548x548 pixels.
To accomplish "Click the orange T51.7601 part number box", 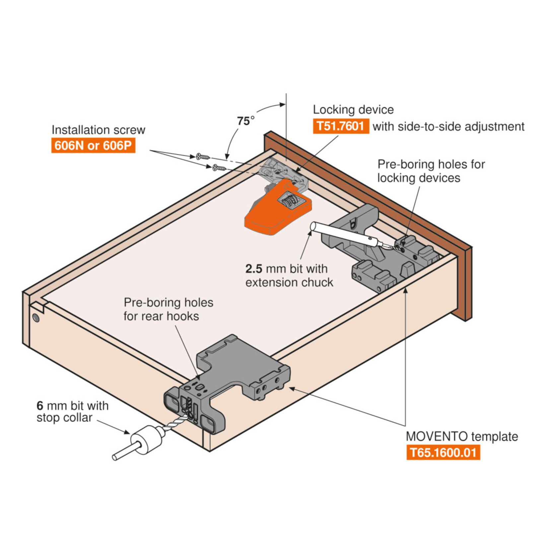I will [341, 126].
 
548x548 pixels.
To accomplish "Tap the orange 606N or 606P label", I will [93, 146].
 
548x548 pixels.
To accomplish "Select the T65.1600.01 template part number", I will [443, 453].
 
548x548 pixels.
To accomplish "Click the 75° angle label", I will [245, 121].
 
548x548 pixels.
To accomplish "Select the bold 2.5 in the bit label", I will [254, 269].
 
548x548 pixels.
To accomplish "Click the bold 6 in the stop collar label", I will [40, 406].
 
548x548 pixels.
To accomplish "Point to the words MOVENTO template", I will [462, 437].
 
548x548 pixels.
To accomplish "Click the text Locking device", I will [353, 110].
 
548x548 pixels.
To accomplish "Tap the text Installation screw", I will [98, 130].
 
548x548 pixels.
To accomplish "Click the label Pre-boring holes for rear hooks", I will [168, 309].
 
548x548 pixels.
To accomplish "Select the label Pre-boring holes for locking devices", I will [431, 171].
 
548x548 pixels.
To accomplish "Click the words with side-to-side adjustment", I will [448, 127].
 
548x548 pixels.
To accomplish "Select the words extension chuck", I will [289, 283].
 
